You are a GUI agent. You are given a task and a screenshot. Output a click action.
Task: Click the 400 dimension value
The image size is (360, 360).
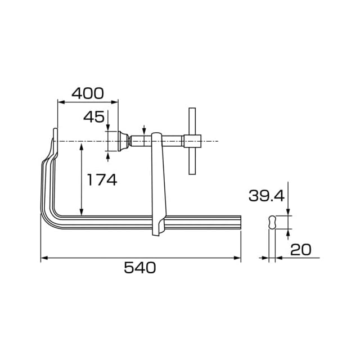88,93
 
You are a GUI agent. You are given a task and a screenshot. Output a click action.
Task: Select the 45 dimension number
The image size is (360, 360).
94,117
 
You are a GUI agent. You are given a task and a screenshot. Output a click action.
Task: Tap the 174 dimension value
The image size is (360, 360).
102,180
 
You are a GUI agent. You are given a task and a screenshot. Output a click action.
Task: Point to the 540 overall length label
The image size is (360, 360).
140,268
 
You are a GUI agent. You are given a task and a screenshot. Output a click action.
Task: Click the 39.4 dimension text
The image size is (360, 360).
267,196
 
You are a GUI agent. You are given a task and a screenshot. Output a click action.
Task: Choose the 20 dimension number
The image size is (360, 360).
301,250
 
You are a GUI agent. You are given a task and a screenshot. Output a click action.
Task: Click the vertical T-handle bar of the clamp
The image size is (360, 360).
192,141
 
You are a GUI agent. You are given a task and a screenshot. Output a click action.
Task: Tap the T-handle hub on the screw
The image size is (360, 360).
192,141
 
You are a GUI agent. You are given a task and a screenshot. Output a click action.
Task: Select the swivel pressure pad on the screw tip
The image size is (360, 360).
123,141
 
